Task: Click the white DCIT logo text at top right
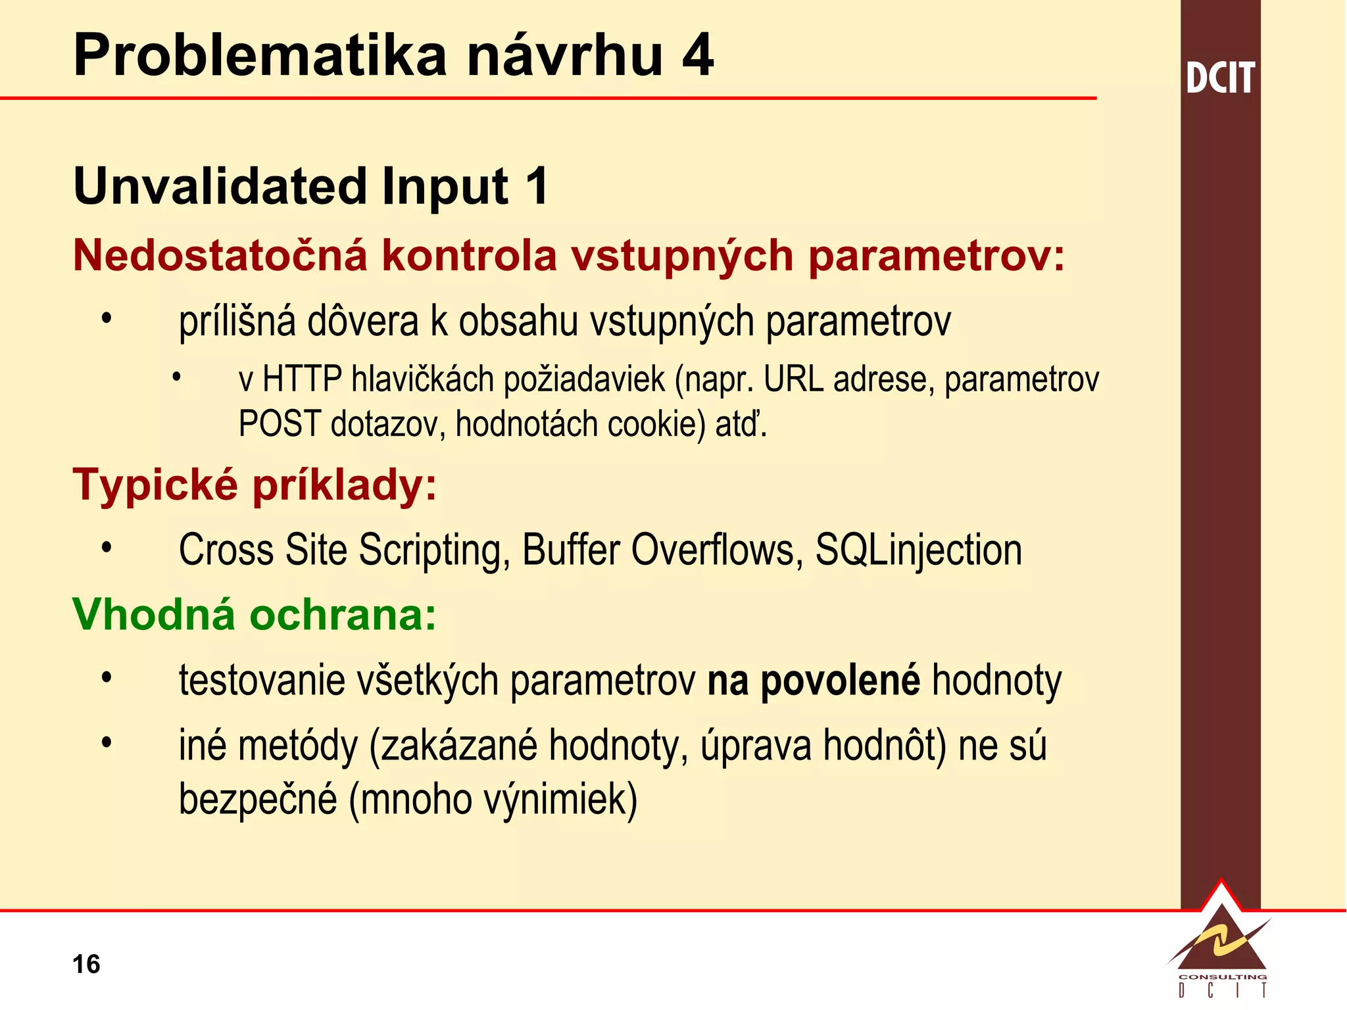point(1220,78)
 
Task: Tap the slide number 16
point(86,964)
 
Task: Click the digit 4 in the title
point(697,55)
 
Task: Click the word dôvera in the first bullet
point(363,322)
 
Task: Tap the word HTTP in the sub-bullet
point(302,379)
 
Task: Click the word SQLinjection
point(918,550)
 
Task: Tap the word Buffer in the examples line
point(570,550)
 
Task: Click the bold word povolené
point(840,681)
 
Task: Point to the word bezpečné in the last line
point(258,800)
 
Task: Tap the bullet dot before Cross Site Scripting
point(107,547)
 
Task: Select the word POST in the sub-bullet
point(280,424)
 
